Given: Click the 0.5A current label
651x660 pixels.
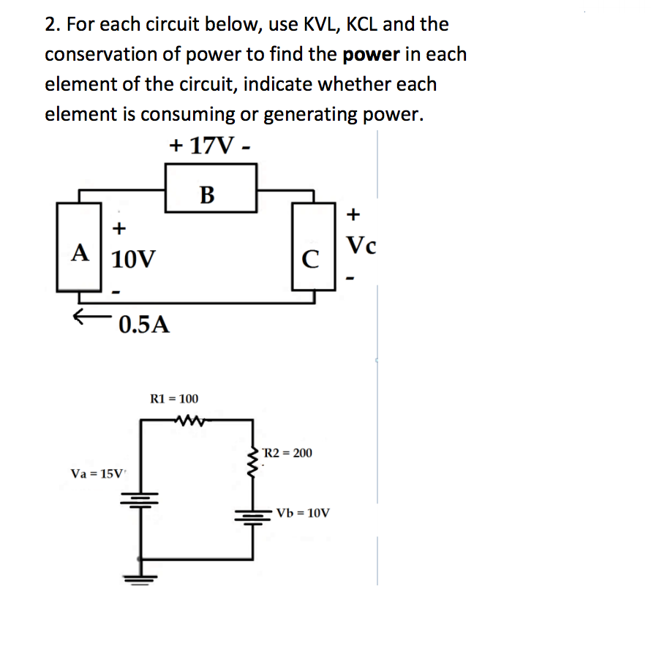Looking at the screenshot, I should tap(144, 324).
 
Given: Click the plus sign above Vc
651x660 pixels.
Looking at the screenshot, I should tap(354, 214).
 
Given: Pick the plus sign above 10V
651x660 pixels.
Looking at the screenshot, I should tap(118, 228).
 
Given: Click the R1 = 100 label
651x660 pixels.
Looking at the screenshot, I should tap(173, 399).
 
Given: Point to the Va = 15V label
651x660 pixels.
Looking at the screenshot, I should tap(98, 473).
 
